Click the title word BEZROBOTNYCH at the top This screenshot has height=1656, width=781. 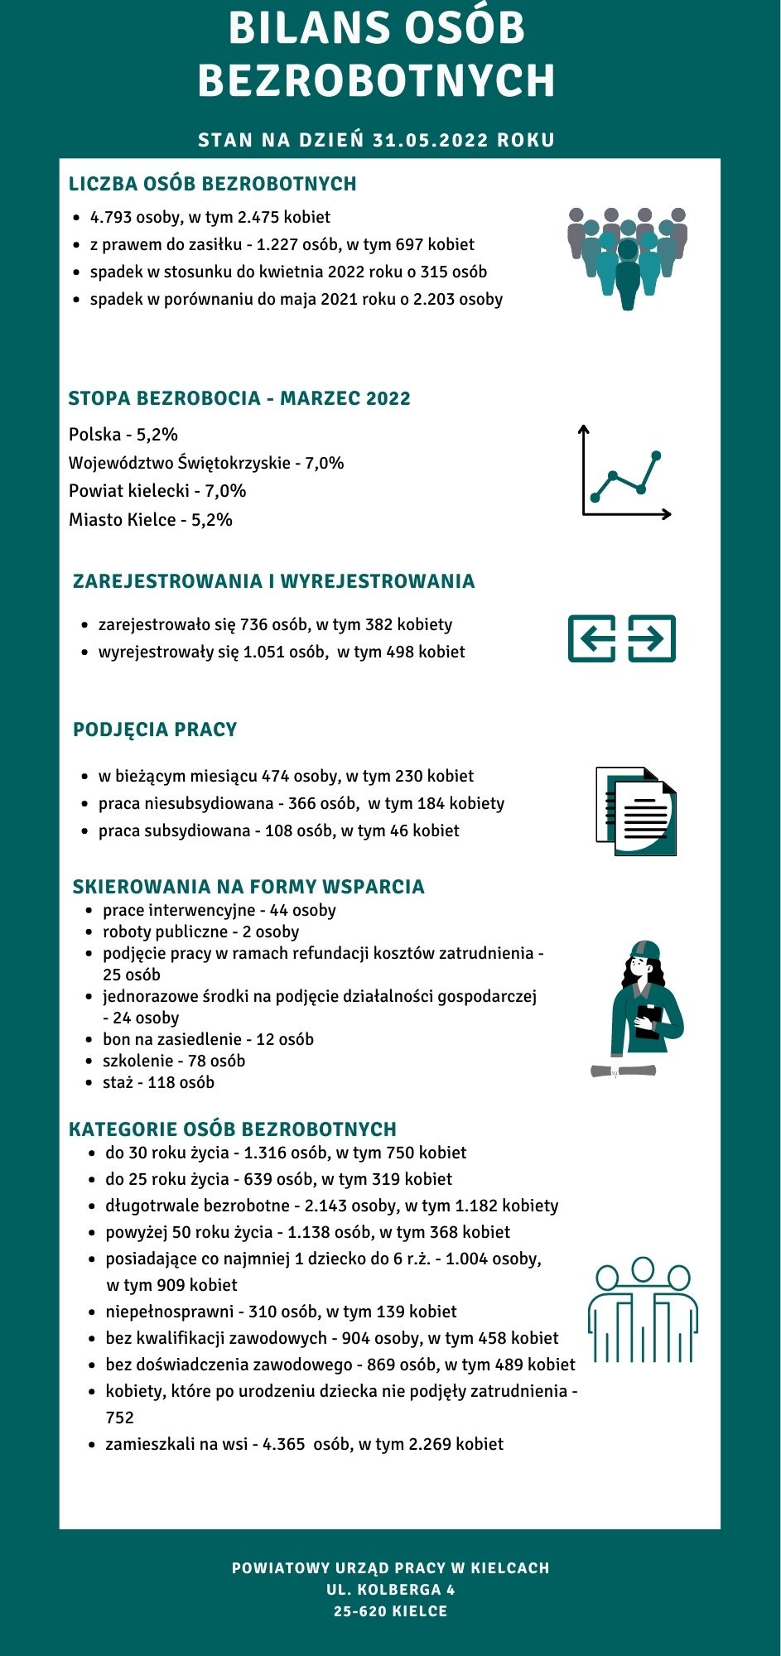[377, 80]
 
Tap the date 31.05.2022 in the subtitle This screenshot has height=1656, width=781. [431, 140]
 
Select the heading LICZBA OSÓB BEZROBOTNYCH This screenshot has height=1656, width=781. [212, 184]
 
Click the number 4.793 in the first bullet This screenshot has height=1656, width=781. [111, 217]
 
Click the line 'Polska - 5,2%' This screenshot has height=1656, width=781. [123, 435]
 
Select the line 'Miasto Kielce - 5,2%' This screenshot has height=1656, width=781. [151, 520]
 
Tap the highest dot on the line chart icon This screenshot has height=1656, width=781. [657, 455]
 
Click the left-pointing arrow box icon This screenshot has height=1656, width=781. [591, 638]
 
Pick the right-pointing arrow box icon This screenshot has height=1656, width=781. [652, 638]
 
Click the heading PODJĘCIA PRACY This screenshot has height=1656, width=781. [155, 729]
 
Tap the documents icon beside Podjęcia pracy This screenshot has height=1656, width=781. [636, 811]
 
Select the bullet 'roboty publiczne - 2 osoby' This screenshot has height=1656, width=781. [200, 931]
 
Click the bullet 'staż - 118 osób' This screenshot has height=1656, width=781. [158, 1082]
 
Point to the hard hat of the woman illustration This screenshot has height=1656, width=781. [644, 949]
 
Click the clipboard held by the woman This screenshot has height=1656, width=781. [648, 1021]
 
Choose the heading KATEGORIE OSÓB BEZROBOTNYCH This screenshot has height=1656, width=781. [233, 1129]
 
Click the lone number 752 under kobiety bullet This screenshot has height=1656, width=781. [119, 1418]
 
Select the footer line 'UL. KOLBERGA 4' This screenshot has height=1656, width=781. [390, 1590]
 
